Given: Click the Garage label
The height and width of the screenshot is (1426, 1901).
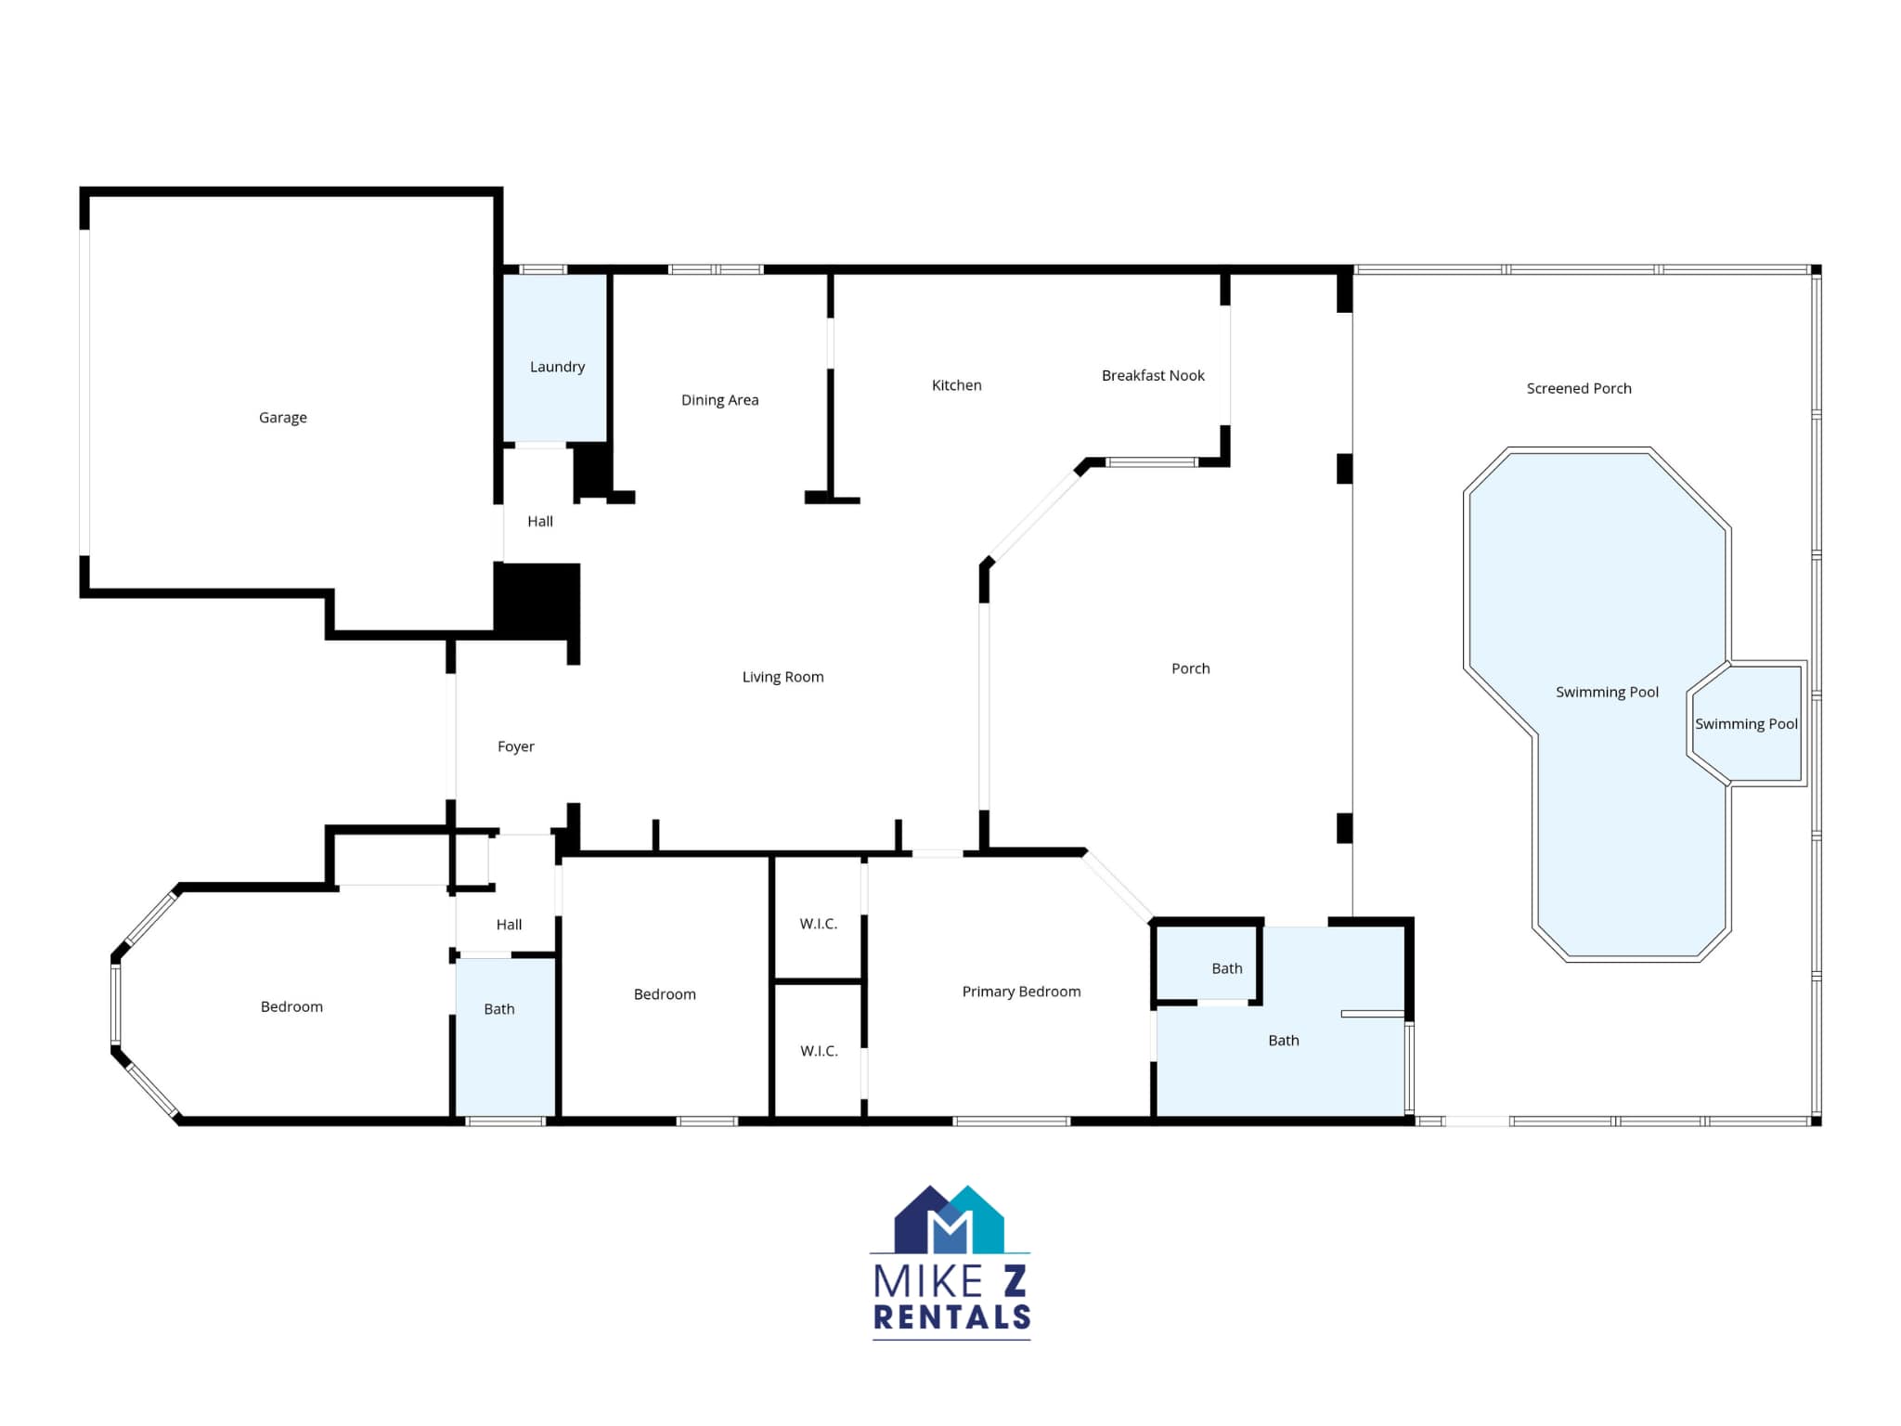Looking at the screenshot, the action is pos(282,418).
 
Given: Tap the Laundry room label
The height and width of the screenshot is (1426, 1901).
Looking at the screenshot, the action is pos(557,367).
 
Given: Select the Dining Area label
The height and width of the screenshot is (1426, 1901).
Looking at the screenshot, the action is pos(719,400).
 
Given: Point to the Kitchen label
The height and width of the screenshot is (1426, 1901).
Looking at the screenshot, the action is pos(956,385).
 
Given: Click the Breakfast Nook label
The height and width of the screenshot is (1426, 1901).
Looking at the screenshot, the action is pos(1153,375).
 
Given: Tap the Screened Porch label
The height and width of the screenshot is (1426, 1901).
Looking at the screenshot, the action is pos(1578,388).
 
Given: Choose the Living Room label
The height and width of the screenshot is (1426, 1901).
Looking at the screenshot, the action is pos(782,677).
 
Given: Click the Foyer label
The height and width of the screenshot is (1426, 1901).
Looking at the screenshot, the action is pos(515,746).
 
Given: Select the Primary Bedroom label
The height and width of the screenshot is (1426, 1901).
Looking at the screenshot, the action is pos(1021,992).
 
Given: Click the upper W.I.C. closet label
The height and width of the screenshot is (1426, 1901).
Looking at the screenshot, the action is pos(818,924).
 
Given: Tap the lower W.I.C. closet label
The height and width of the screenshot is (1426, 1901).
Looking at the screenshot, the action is pos(819,1051).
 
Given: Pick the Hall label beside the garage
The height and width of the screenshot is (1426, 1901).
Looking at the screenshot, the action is pos(539,522).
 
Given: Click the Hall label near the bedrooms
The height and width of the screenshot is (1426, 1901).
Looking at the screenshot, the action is pos(509,925).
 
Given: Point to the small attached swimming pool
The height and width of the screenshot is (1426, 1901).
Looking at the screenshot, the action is pos(1745,724).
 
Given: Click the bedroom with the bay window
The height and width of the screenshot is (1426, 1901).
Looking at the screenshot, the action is pos(291,1006).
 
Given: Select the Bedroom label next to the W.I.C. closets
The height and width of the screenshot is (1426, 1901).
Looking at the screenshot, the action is pos(665,994).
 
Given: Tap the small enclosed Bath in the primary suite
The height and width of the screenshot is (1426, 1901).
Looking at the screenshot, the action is pos(1226,968).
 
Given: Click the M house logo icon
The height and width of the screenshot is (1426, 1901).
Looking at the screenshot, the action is pos(949,1219).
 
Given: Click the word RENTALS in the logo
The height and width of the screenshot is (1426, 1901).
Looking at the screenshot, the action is pos(951,1316).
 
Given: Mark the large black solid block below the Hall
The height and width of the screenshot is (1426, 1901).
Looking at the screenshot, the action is pos(537,600).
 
